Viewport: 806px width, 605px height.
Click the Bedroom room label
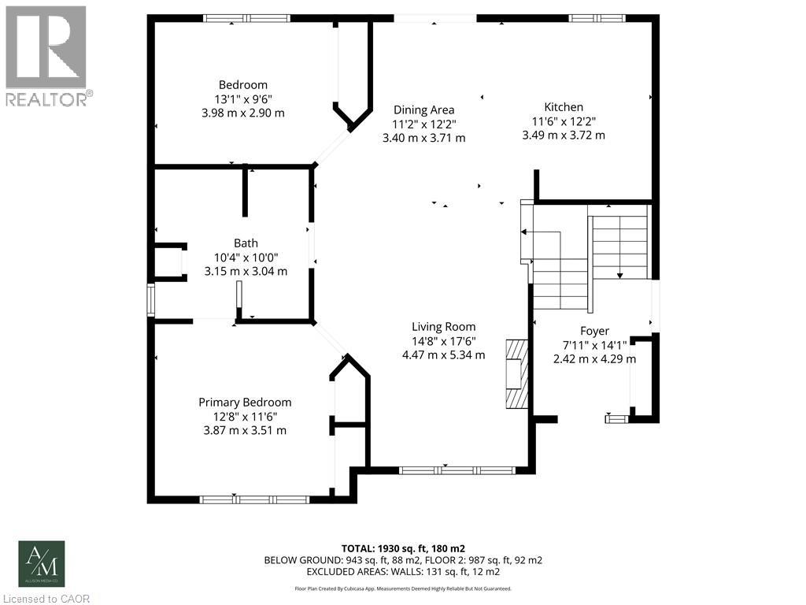tap(242, 85)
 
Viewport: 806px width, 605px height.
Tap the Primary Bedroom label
tap(244, 402)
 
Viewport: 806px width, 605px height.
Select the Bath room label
tap(246, 243)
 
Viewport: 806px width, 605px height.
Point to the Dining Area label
tap(423, 110)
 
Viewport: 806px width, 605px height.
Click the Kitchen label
tap(564, 107)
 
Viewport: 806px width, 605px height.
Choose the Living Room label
tap(443, 327)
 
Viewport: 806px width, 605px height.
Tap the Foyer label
tap(594, 332)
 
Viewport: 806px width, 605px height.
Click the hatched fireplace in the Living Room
tap(514, 373)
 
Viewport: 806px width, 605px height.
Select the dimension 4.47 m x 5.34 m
tap(443, 355)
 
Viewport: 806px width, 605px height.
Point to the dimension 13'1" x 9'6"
tap(242, 99)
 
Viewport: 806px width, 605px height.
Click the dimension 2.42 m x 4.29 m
tap(594, 359)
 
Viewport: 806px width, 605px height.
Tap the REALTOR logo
tap(46, 56)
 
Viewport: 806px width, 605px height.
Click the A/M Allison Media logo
tap(43, 564)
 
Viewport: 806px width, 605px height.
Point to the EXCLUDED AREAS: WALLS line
tap(403, 571)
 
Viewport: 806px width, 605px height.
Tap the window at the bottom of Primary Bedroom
tap(254, 499)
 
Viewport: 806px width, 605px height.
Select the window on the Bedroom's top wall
tap(246, 18)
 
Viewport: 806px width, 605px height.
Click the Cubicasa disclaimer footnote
tap(403, 588)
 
